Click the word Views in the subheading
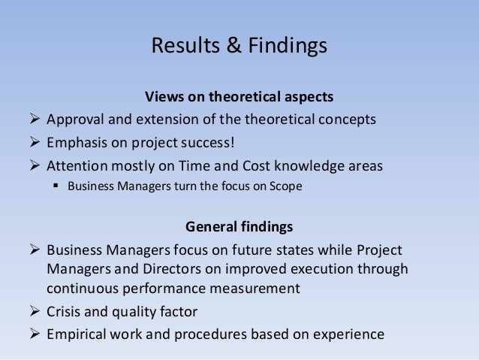(162, 98)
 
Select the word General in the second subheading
(211, 225)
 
